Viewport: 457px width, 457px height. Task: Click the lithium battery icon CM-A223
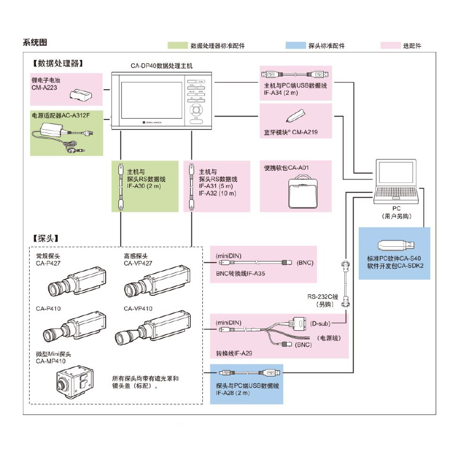coord(81,94)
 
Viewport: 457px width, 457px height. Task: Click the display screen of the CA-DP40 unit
coord(151,100)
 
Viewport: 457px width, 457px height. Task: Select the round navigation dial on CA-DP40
coord(196,110)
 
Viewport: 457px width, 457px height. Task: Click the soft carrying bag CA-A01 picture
coord(303,191)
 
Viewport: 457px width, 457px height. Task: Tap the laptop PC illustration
coord(396,181)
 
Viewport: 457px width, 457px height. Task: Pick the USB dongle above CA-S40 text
coord(396,246)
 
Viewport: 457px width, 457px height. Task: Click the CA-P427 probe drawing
coord(77,281)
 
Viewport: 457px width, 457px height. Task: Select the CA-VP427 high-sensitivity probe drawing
coord(158,280)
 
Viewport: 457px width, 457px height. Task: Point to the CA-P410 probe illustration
coord(75,326)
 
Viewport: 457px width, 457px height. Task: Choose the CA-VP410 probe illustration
coord(153,327)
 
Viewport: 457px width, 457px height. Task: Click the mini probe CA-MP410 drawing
coord(75,382)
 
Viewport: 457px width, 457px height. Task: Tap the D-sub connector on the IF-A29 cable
coord(298,324)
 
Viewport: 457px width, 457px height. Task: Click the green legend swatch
coord(178,46)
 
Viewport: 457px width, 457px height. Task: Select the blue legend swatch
coord(296,46)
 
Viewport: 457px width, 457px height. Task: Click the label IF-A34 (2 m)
coord(281,93)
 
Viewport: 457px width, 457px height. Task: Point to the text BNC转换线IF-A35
coord(240,274)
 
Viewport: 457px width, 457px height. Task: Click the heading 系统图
coord(35,42)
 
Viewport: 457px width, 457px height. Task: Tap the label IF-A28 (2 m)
coord(233,393)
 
